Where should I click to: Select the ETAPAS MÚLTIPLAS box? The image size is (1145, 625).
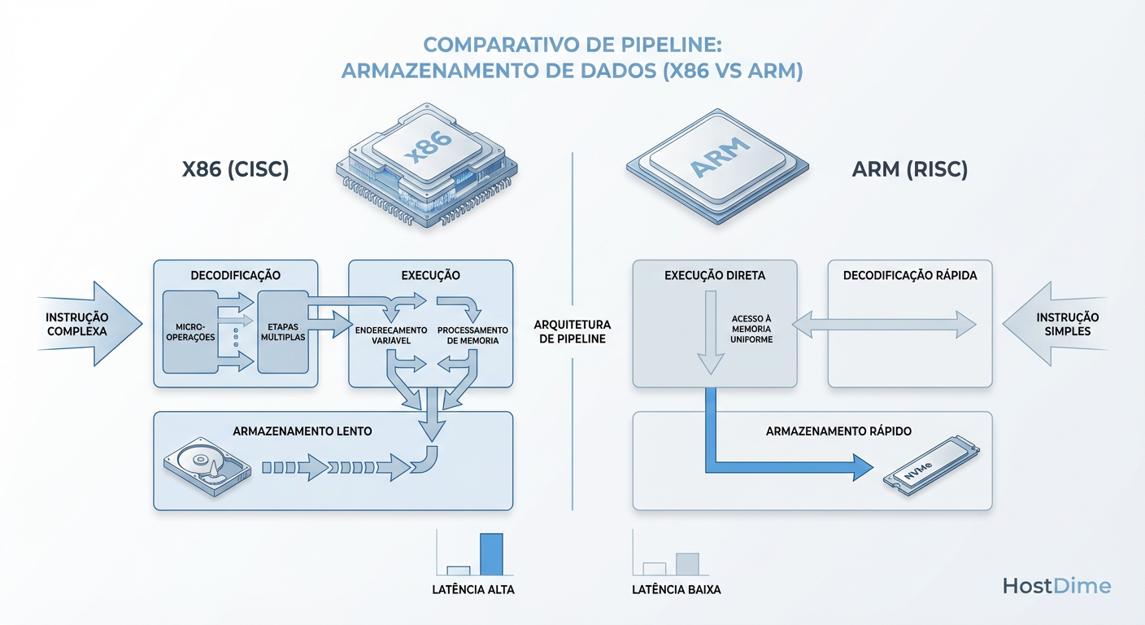tap(282, 332)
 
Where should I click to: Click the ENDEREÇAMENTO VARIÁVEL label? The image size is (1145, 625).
tap(391, 335)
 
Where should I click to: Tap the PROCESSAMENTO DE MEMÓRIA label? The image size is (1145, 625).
tap(472, 335)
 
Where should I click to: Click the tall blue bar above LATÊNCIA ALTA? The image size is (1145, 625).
tap(491, 553)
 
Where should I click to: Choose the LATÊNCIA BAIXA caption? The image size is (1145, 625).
tap(676, 589)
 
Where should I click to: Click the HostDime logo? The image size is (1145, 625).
tap(1056, 586)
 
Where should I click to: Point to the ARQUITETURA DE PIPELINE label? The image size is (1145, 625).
tap(570, 331)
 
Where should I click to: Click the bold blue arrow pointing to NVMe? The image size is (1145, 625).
tap(781, 467)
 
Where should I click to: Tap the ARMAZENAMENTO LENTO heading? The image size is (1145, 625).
tap(303, 431)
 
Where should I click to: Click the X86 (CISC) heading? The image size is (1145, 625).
tap(235, 169)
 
